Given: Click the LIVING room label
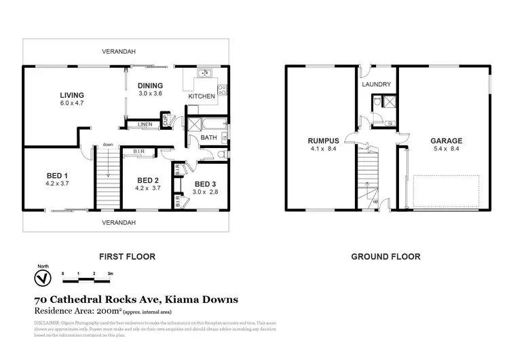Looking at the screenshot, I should click(71, 95).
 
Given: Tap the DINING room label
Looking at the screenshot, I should click(150, 85).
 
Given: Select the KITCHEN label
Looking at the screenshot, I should click(202, 96).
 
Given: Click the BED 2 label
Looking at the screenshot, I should click(147, 180).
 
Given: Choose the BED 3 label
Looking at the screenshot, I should click(204, 184).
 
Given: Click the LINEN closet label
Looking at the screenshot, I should click(145, 125).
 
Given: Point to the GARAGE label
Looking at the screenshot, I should click(446, 141).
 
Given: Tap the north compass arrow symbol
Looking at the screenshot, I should click(42, 278).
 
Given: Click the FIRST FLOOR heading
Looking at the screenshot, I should click(128, 257).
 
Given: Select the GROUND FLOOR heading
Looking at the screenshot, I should click(385, 257).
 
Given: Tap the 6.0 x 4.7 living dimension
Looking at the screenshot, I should click(71, 103).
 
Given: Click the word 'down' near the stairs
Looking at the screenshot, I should click(108, 144).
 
